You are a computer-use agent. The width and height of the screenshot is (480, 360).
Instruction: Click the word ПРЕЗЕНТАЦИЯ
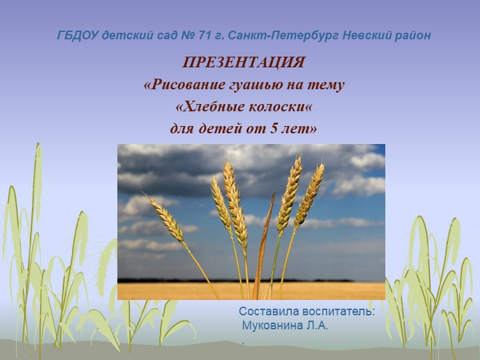pos(243,63)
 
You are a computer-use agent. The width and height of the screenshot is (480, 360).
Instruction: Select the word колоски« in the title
pos(280,107)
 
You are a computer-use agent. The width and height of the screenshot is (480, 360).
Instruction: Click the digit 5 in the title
pos(274,128)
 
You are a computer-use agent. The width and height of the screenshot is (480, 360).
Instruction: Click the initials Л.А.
pos(317,326)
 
